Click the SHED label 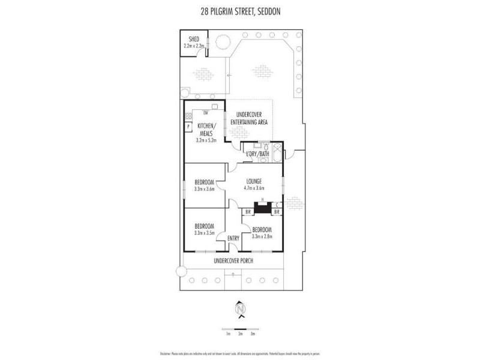194,39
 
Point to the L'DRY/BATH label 257,154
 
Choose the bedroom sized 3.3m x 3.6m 205,185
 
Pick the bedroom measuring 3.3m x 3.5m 205,229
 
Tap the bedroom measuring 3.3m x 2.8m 262,233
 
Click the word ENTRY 233,238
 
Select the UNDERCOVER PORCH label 233,260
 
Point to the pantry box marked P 188,127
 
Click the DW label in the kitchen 206,112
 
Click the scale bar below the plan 240,329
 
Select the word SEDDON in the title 265,11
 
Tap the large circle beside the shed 222,42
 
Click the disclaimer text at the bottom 240,353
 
